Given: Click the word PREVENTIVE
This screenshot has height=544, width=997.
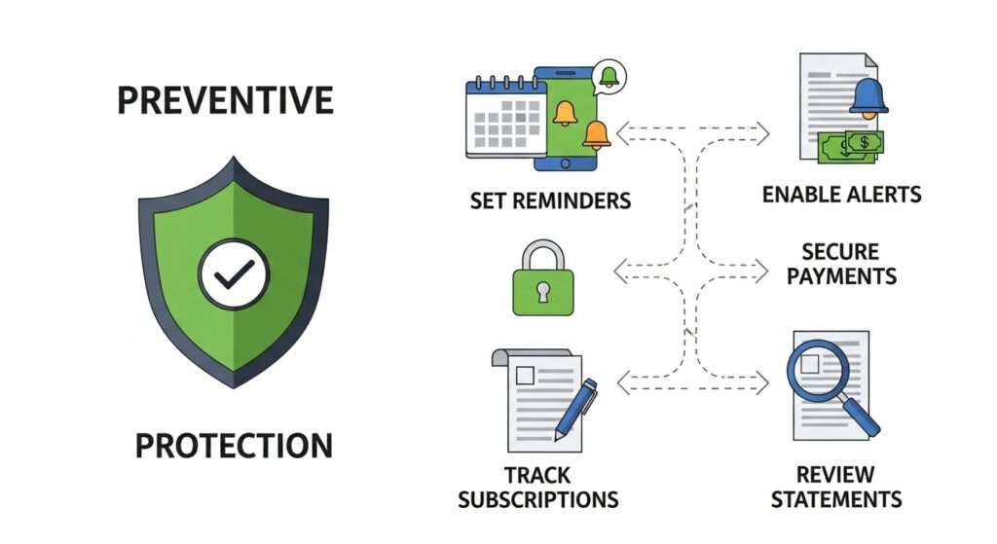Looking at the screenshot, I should (225, 100).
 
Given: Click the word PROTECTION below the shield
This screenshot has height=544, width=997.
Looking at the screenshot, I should (233, 447).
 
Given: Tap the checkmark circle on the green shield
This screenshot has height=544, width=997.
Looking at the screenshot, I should (233, 276).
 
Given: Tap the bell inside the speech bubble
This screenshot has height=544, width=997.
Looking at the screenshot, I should (609, 74).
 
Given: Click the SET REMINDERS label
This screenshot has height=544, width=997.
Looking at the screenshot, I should (550, 201).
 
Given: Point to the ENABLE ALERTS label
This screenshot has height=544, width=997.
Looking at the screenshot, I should (841, 195).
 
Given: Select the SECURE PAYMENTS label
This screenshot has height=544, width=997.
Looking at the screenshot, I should (841, 265).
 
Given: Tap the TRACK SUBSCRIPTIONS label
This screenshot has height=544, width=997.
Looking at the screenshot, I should (537, 488).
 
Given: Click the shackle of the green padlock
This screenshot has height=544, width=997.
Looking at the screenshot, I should (543, 255).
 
